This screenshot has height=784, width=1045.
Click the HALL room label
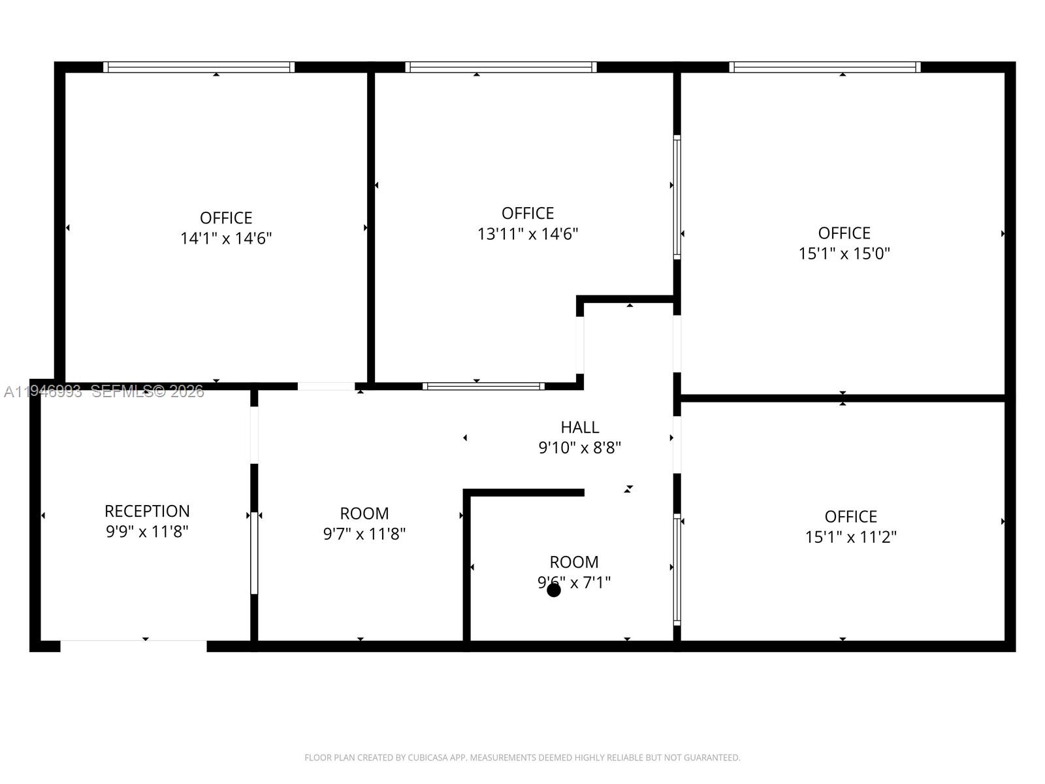(x=579, y=427)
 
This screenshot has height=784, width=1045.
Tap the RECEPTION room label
(x=147, y=511)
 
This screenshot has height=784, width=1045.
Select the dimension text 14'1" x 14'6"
(x=226, y=238)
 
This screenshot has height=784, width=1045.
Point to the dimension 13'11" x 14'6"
(x=528, y=234)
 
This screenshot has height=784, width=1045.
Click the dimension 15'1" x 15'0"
(x=844, y=253)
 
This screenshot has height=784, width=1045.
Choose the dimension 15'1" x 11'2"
(x=850, y=537)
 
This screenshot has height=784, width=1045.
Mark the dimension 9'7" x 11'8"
(x=364, y=534)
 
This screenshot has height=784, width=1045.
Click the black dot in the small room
(x=554, y=591)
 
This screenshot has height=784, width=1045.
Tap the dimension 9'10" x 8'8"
(x=579, y=448)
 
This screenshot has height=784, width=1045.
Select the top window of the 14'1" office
(x=199, y=67)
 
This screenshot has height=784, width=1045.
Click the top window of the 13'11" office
(x=500, y=67)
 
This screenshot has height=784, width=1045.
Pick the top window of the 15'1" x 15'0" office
(x=824, y=67)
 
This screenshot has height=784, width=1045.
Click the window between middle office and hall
(x=483, y=386)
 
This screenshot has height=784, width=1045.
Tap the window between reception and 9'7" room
(x=254, y=553)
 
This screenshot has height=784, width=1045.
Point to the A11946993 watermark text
(x=43, y=391)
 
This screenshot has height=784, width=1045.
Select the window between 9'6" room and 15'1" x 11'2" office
(x=677, y=569)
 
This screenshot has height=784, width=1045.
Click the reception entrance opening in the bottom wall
(x=133, y=646)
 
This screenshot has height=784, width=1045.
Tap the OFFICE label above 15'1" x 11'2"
(x=850, y=517)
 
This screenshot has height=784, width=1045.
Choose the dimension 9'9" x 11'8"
(x=147, y=532)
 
